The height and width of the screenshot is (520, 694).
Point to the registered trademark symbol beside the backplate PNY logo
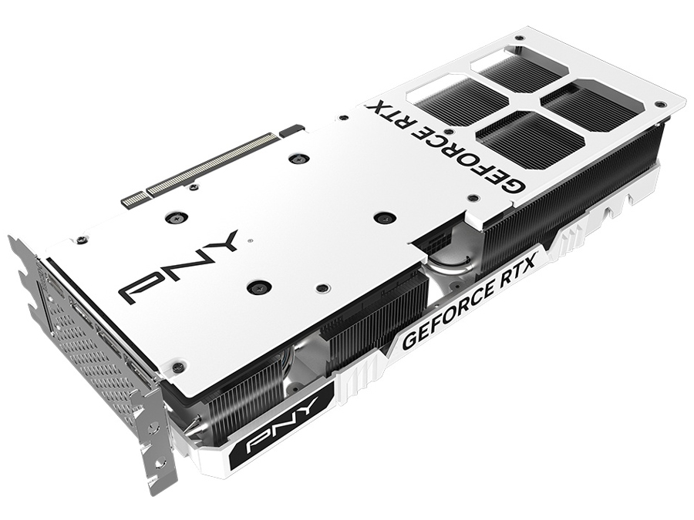click(249, 240)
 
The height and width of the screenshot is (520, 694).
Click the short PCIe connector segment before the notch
click(133, 200)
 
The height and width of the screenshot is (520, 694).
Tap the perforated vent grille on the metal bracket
click(85, 339)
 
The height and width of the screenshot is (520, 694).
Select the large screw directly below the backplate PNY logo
click(254, 288)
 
